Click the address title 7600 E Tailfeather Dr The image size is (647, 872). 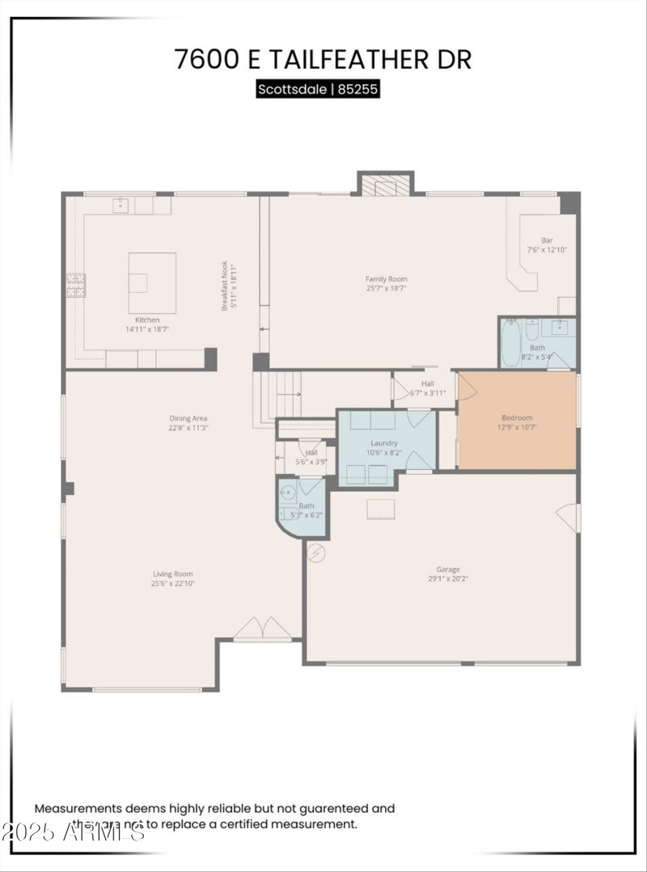tap(323, 59)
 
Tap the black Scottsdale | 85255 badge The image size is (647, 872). tap(318, 89)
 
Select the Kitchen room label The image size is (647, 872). tap(147, 320)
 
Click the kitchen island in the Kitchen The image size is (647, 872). tap(151, 282)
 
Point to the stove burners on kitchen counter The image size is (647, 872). tap(75, 285)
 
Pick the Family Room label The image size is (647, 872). tap(386, 279)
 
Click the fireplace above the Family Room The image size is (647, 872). tap(386, 185)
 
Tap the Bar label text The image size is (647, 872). tap(547, 240)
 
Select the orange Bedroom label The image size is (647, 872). tap(517, 418)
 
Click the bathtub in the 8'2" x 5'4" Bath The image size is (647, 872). tap(510, 343)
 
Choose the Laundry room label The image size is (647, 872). tap(384, 443)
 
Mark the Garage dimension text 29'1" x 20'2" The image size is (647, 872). tap(448, 578)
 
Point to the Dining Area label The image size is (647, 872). tap(188, 418)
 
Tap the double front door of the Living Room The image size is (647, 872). tap(262, 629)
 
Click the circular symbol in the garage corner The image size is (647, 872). tap(317, 552)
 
